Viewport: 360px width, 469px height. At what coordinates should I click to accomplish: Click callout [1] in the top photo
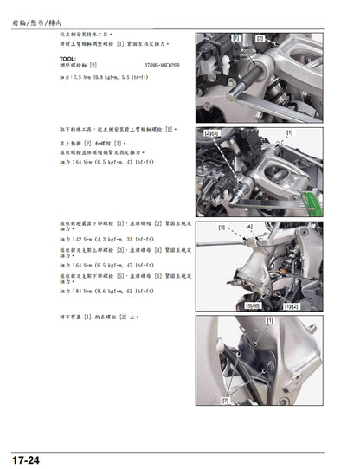coord(235,39)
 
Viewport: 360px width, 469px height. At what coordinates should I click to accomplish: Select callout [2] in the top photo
coord(260,39)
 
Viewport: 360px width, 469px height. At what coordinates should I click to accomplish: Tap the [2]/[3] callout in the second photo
coord(211,134)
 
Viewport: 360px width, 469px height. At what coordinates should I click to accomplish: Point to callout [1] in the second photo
coord(289,132)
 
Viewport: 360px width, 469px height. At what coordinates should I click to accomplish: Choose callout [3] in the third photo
coord(222,228)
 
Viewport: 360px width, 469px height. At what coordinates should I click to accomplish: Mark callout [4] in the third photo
coord(249,226)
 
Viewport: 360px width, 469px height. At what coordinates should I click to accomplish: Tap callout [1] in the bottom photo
coord(270,321)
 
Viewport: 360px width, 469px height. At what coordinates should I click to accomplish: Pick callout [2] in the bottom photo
coord(226,401)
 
